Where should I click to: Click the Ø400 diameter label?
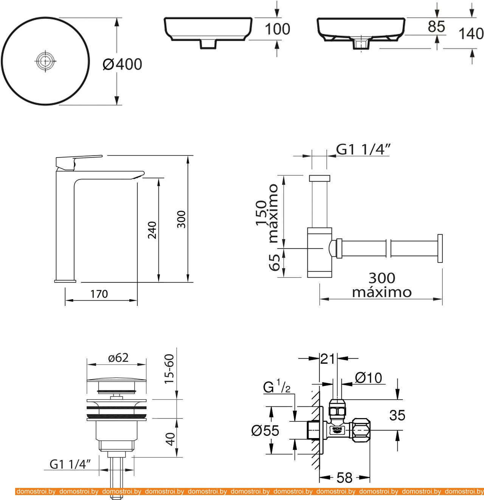122,64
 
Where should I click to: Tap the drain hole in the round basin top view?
45,61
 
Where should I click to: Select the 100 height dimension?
278,29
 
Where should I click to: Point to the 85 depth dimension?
436,26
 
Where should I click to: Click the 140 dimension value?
471,34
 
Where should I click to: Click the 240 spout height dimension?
152,230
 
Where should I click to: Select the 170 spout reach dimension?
99,294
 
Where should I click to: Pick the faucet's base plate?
65,281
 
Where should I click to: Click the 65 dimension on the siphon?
274,262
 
